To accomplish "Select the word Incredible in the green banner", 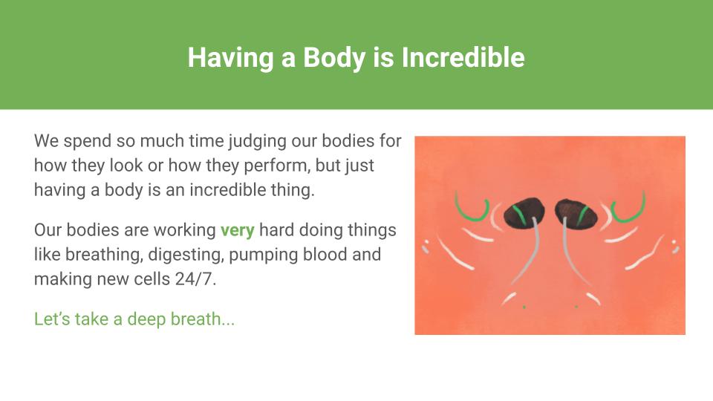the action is pos(463,58).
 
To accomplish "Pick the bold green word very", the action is pos(238,230).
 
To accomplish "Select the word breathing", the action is pos(104,255).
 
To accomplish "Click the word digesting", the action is pos(186,255).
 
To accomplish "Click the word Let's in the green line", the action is pos(52,319).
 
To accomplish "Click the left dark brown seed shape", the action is pos(524,213).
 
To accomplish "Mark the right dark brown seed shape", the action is pos(576,213).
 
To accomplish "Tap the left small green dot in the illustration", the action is pos(524,307).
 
